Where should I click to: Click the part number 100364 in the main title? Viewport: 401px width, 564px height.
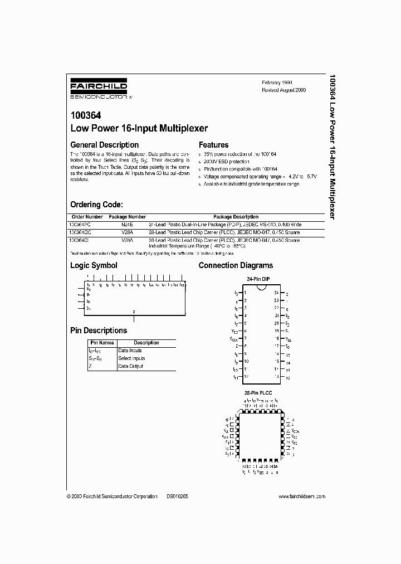pos(84,116)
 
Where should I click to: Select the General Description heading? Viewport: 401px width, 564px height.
pos(104,145)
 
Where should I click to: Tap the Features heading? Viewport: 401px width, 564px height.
pos(214,145)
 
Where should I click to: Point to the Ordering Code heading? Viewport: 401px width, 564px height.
pos(96,205)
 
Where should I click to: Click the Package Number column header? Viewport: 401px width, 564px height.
pos(127,217)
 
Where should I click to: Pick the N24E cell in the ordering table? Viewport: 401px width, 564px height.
pos(127,224)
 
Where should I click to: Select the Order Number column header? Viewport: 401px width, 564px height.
pos(87,217)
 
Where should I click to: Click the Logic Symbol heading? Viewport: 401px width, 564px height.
pos(94,265)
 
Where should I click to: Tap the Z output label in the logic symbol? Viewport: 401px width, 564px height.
pos(134,312)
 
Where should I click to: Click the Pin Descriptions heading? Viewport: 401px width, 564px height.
pos(99,330)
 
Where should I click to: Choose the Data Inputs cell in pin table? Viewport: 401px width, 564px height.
pos(130,351)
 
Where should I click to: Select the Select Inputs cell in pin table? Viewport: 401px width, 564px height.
pos(131,358)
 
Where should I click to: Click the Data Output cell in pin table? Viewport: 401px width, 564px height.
pos(130,366)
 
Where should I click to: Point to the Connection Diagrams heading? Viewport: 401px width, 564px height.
pos(236,265)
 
